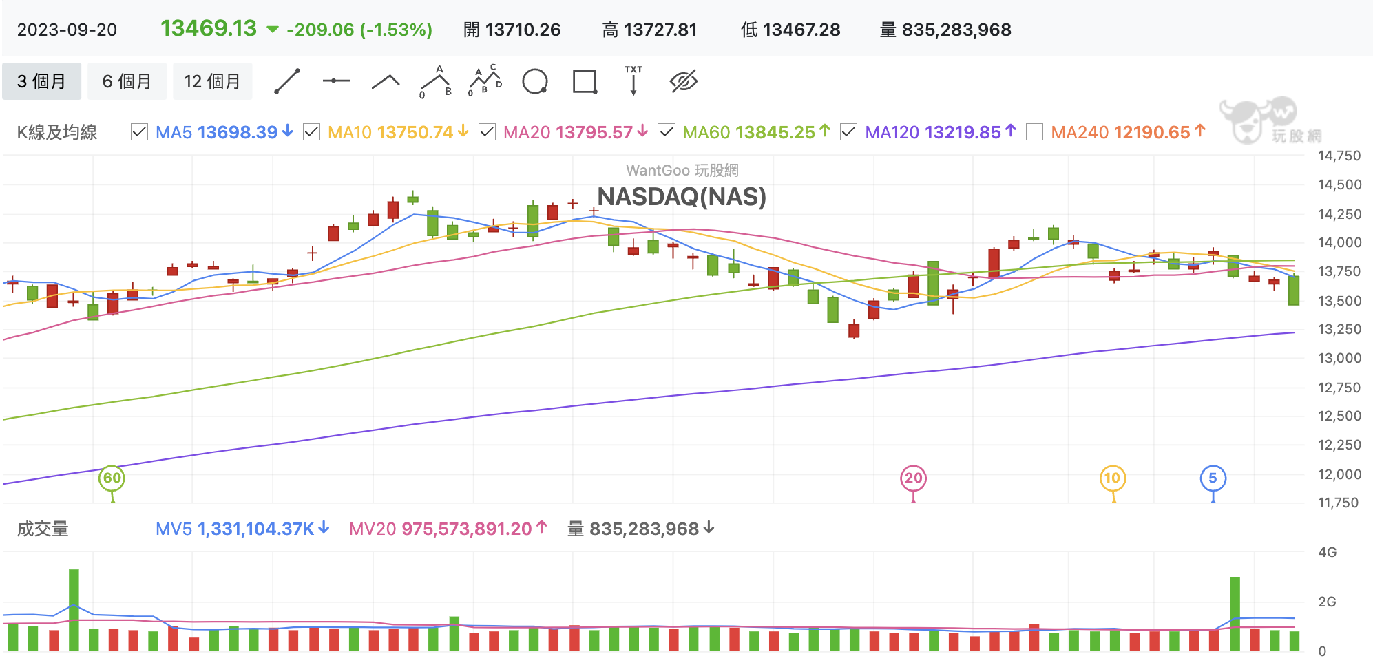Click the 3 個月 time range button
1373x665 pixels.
[x=41, y=81]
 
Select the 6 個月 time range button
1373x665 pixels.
[x=127, y=81]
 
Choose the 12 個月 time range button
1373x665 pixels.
[x=212, y=81]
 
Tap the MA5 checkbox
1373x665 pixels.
[x=139, y=132]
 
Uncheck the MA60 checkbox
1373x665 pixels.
[x=667, y=132]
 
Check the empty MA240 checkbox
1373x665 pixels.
[x=1034, y=132]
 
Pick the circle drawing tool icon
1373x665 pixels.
[x=535, y=81]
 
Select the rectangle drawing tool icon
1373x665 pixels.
[x=585, y=81]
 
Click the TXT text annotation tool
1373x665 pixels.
[x=633, y=80]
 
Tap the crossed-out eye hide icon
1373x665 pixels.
[x=684, y=81]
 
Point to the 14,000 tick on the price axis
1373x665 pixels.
[x=1339, y=242]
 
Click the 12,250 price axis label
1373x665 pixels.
[x=1339, y=445]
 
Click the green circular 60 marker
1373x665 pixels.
[x=112, y=478]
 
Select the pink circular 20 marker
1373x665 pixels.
[x=913, y=478]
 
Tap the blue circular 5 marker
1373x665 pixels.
[x=1213, y=478]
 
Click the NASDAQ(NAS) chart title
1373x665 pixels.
[x=681, y=197]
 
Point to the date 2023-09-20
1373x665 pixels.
[x=67, y=30]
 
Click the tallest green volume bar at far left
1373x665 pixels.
[x=74, y=609]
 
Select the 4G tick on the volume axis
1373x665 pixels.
[x=1327, y=552]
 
